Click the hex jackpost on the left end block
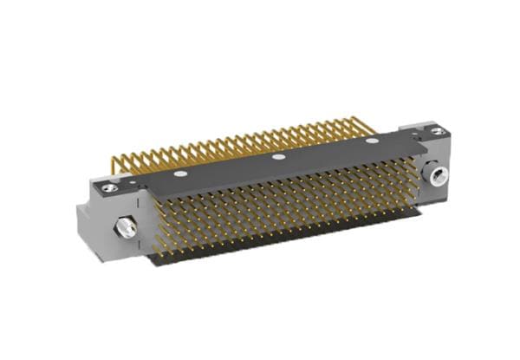pos(127,228)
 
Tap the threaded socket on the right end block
pos(436,176)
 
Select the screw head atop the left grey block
pos(108,187)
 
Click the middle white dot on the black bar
pos(278,157)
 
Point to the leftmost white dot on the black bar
pos(179,173)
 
